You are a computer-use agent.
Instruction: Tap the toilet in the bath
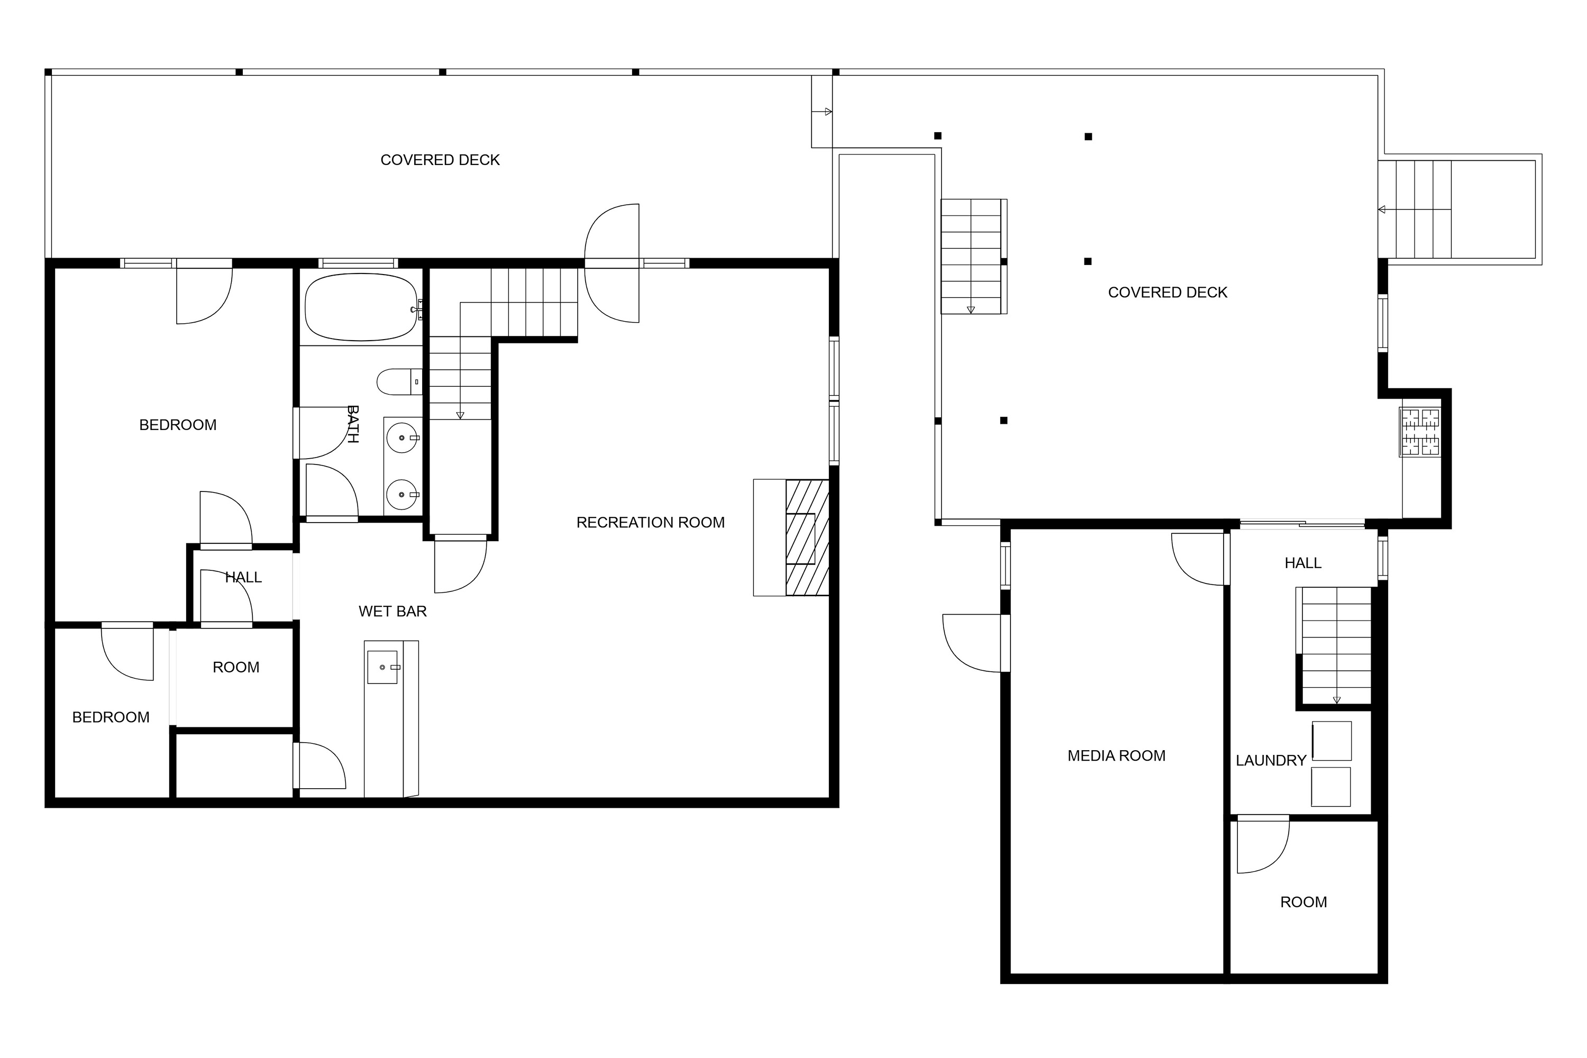(399, 382)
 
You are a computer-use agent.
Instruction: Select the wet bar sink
(382, 667)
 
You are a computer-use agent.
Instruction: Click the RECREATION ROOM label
(651, 522)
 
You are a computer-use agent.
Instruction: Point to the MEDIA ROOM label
(1116, 756)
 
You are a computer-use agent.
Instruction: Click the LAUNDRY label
(1271, 761)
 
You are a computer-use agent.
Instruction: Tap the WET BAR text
(393, 612)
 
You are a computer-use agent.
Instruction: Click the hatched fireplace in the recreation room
(807, 538)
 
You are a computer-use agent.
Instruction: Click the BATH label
(352, 424)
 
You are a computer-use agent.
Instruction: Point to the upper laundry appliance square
(1331, 741)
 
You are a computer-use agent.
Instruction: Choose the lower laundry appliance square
(1330, 787)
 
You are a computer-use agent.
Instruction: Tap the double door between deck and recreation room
(612, 263)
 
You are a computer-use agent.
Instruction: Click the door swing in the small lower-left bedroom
(127, 654)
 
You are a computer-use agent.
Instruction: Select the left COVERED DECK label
(440, 160)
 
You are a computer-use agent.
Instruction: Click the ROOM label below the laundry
(1303, 902)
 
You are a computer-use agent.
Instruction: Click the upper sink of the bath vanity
(403, 438)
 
